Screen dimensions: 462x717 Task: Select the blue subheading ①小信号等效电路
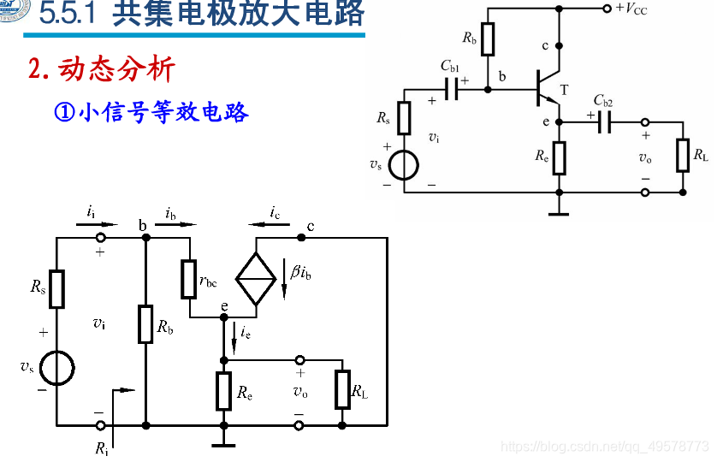point(151,112)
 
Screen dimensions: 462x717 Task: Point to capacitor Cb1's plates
point(451,88)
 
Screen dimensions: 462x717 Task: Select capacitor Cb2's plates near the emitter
point(604,123)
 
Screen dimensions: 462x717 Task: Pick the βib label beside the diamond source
point(302,273)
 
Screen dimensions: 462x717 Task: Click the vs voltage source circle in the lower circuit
point(56,369)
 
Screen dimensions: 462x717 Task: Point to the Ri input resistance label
point(103,447)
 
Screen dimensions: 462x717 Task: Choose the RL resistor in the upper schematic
point(683,155)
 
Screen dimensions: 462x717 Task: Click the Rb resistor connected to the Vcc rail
point(488,39)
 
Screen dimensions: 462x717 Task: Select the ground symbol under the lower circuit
point(223,442)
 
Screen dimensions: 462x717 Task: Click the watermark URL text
point(604,447)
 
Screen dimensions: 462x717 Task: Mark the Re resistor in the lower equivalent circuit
point(223,391)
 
